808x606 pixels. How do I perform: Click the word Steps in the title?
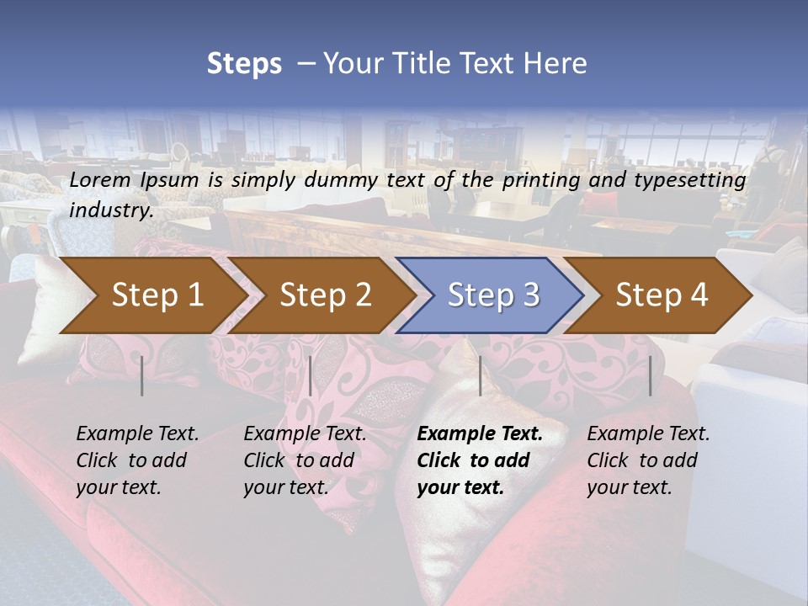pyautogui.click(x=244, y=63)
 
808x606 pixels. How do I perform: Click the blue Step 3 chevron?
pyautogui.click(x=493, y=295)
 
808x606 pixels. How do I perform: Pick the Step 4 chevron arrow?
pyautogui.click(x=662, y=295)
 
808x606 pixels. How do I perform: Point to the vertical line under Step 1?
pyautogui.click(x=142, y=375)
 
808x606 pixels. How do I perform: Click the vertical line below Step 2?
pyautogui.click(x=311, y=375)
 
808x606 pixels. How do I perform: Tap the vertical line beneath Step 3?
pyautogui.click(x=480, y=375)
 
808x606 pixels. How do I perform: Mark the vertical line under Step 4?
pyautogui.click(x=650, y=375)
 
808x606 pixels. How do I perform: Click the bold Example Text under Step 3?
pyautogui.click(x=480, y=434)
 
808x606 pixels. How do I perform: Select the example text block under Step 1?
pyautogui.click(x=137, y=460)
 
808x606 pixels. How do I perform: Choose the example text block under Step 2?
pyautogui.click(x=305, y=460)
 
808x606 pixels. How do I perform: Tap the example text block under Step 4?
pyautogui.click(x=648, y=460)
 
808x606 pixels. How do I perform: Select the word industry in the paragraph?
pyautogui.click(x=110, y=210)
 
